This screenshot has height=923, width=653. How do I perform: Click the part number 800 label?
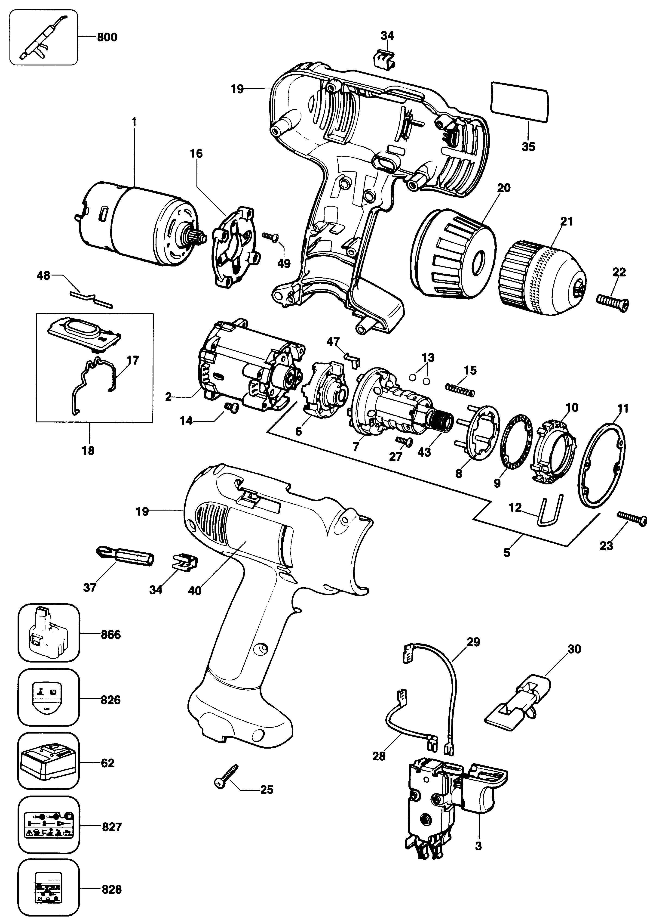click(107, 37)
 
